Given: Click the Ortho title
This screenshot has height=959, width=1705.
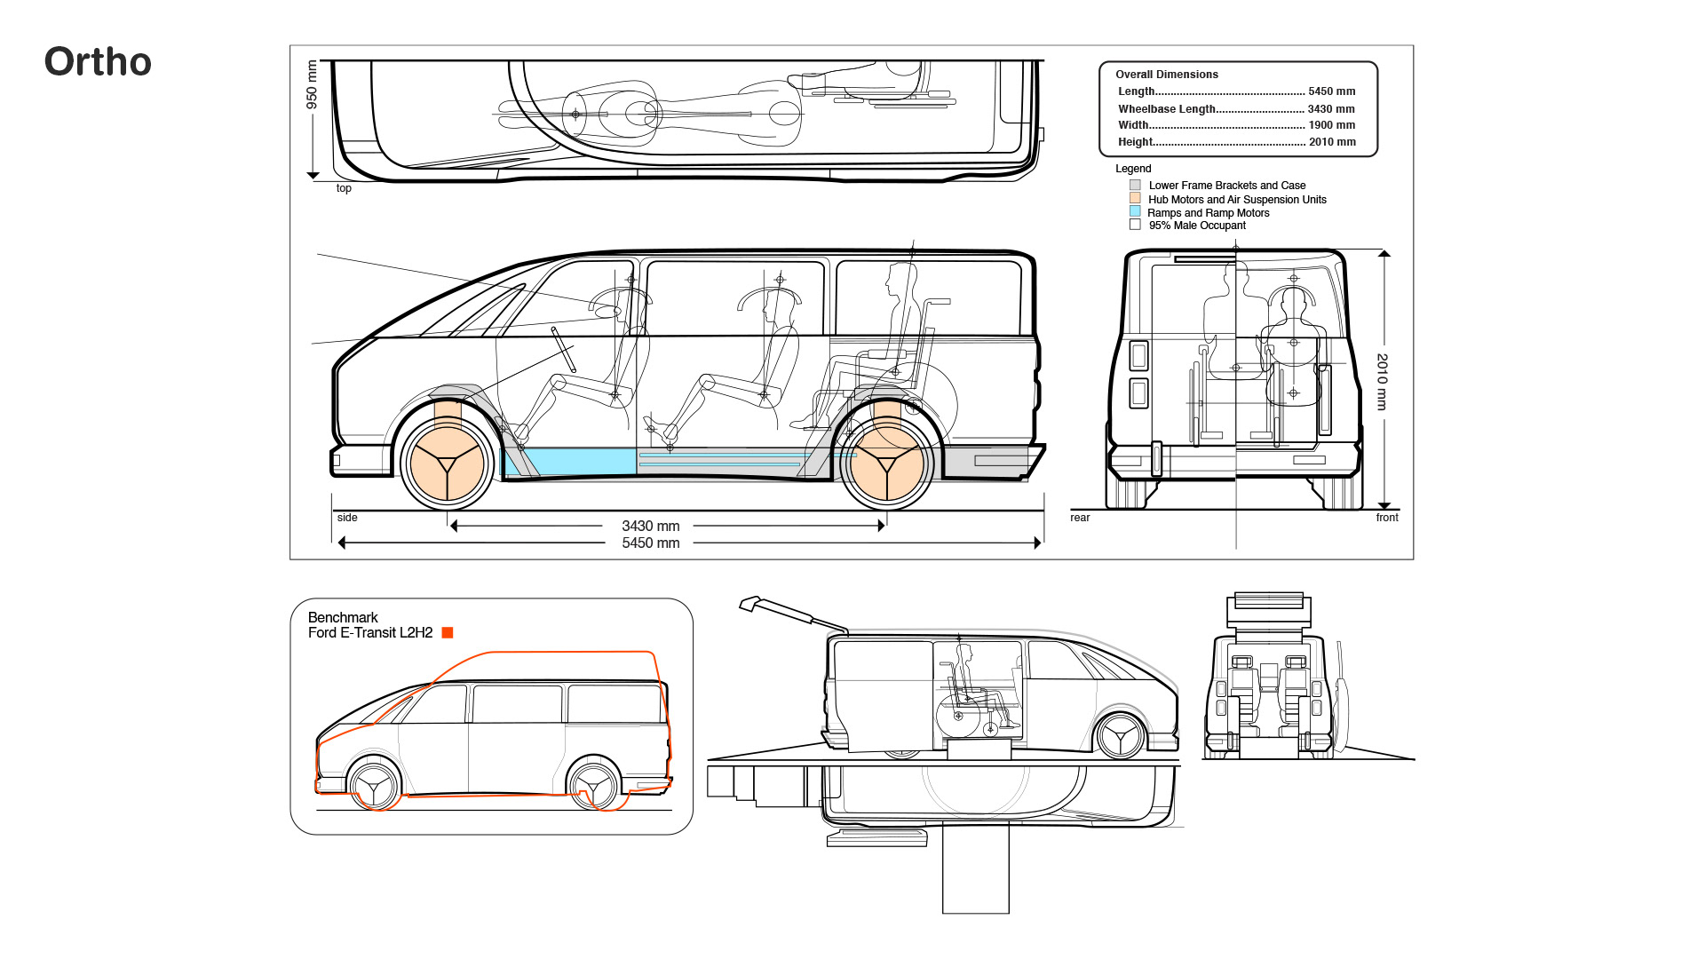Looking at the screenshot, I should pos(98,62).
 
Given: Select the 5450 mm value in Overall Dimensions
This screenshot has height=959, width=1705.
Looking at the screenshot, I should pos(1331,91).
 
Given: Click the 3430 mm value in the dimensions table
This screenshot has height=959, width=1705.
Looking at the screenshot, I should pos(1331,109).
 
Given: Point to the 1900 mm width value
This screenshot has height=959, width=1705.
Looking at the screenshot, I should pos(1331,125).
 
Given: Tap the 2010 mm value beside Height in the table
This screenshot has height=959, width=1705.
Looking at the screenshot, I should pos(1331,142).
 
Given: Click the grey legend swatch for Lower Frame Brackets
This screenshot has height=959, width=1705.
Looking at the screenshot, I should pos(1135,186).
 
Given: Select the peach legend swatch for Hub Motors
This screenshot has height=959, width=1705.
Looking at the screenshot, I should pos(1135,199).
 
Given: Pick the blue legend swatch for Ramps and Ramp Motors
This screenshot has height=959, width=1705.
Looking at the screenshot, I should pos(1135,212).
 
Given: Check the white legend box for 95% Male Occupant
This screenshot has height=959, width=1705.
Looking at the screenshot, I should pos(1135,226).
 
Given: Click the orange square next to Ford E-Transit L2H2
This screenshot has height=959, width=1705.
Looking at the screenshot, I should pos(448,633).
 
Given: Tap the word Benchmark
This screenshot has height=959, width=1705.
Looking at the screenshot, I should pos(343,618).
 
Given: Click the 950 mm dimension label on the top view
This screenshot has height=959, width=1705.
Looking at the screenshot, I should pos(312,84).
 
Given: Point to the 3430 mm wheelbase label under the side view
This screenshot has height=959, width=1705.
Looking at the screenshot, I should pos(650,527).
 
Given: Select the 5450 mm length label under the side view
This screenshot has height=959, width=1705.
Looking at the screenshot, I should pos(650,543).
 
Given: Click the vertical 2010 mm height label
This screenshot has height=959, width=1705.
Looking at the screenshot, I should pos(1382,382).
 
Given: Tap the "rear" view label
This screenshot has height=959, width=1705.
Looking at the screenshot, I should pos(1080,518).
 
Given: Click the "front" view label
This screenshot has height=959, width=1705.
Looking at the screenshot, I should pos(1386,518).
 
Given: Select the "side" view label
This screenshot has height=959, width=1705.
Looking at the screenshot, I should pos(347,518).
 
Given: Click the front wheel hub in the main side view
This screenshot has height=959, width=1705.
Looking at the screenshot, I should pos(447,463).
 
